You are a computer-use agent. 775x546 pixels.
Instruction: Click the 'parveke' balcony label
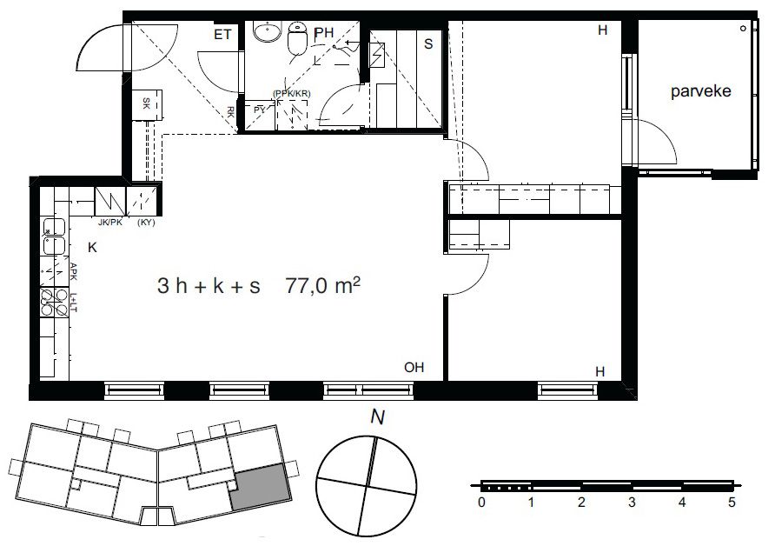(x=700, y=92)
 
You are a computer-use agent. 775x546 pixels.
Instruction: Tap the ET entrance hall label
(x=222, y=35)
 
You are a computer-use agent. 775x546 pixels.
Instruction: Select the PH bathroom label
(x=324, y=33)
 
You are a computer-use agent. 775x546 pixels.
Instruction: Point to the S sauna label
(x=428, y=44)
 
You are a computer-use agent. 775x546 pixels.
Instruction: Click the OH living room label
(x=414, y=368)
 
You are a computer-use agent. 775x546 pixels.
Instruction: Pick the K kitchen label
(x=92, y=248)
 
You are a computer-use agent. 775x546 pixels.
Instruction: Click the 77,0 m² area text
(x=322, y=285)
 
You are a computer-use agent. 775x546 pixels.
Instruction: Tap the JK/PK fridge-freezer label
(x=109, y=223)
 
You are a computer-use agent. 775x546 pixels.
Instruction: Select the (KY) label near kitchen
(x=146, y=223)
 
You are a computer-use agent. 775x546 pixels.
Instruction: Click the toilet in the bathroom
(x=297, y=38)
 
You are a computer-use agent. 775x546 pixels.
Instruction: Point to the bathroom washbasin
(x=268, y=31)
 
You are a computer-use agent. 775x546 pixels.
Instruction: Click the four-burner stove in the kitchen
(x=55, y=303)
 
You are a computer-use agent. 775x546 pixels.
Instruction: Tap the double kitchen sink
(x=54, y=236)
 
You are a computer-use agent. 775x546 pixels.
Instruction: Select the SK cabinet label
(x=146, y=103)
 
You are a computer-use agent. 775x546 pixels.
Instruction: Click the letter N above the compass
(x=377, y=417)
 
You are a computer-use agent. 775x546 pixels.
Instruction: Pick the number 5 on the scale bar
(x=732, y=503)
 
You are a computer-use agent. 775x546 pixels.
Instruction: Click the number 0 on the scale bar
(x=482, y=503)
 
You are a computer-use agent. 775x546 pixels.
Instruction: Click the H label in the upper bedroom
(x=602, y=30)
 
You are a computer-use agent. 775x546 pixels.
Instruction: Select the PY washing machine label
(x=260, y=110)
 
